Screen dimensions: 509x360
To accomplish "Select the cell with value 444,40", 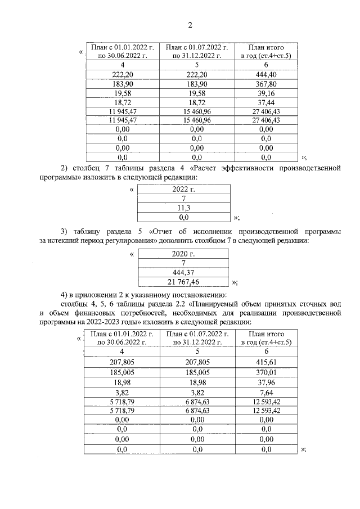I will point(262,75).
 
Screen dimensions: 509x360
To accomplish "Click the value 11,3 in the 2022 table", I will point(183,207).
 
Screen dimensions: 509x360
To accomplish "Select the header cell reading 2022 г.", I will point(183,190).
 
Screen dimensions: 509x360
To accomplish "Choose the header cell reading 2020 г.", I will point(183,254).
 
